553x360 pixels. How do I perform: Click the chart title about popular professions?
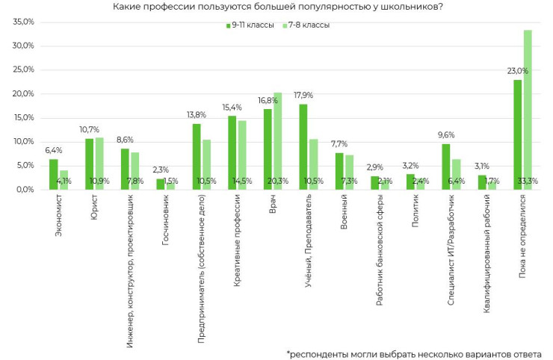point(276,7)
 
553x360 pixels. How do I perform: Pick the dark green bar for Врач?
point(268,149)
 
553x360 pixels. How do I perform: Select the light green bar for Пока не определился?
point(528,109)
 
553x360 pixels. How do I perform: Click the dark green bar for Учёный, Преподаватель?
point(303,146)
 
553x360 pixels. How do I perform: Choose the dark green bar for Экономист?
point(54,174)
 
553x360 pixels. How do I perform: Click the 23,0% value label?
point(517,72)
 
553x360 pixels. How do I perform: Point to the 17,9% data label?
point(303,96)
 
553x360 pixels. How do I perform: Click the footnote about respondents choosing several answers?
point(414,353)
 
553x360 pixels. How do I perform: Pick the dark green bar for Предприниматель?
point(197,156)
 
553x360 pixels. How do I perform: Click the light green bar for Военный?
point(349,172)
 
